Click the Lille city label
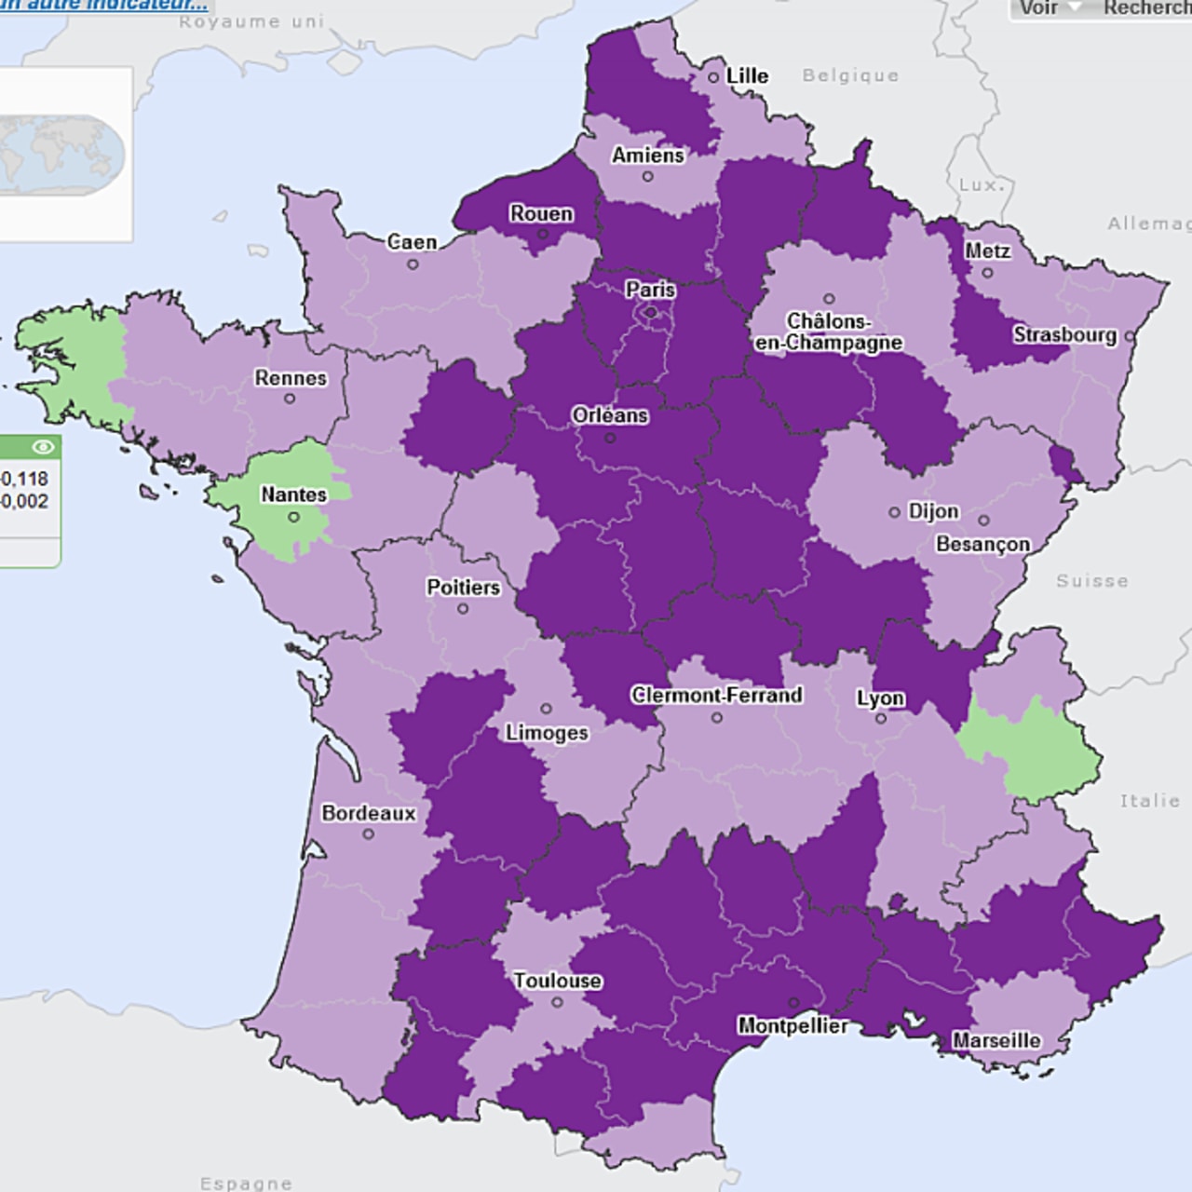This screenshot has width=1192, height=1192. point(747,75)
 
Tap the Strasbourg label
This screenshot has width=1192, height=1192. point(1064,334)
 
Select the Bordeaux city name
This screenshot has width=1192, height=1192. point(369,813)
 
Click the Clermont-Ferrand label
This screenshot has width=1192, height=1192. point(716,695)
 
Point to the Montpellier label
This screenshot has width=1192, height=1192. point(792,1025)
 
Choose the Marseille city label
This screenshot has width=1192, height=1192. point(996,1040)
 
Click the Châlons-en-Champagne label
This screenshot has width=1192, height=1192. point(828,332)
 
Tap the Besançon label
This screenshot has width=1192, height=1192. point(982,544)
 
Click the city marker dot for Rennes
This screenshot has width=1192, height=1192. point(290,399)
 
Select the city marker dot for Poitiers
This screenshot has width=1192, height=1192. point(463,609)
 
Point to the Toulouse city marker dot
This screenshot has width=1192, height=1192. point(557,1003)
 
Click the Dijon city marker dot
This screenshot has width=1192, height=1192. point(894,512)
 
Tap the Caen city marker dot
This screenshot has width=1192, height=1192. point(413,264)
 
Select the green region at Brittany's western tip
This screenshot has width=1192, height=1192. point(70,354)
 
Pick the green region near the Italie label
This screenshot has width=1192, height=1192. point(1034,745)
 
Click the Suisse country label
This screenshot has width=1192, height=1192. point(1091,581)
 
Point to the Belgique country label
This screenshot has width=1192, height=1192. point(850,75)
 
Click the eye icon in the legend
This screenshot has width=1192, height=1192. point(42,448)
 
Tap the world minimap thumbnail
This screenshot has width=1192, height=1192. point(61,154)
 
